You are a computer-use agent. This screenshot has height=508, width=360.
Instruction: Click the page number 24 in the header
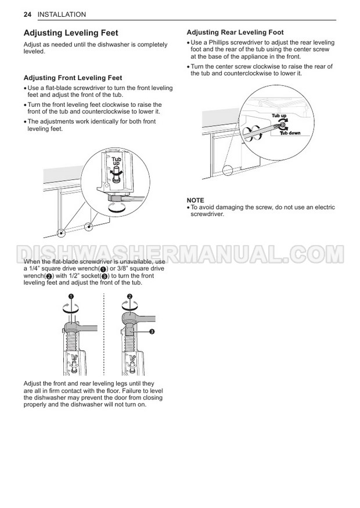27,14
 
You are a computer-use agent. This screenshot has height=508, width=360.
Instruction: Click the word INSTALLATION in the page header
61,14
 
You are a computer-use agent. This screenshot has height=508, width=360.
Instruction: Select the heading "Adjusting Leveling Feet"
70,34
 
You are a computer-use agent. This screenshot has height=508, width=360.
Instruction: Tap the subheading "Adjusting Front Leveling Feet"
73,78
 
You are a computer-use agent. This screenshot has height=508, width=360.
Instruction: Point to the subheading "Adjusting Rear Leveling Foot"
235,33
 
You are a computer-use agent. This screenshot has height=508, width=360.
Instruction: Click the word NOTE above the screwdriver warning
195,200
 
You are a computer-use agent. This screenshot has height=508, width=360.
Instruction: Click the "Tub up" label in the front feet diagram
116,161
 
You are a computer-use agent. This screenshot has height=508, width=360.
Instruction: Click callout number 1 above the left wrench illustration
71,296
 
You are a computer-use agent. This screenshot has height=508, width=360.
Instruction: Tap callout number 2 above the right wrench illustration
129,296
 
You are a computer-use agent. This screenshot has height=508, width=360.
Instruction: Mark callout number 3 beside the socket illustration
151,331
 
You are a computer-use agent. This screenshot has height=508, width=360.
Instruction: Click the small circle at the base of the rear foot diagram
227,170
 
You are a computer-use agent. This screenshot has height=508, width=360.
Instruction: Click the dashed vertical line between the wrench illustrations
103,334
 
